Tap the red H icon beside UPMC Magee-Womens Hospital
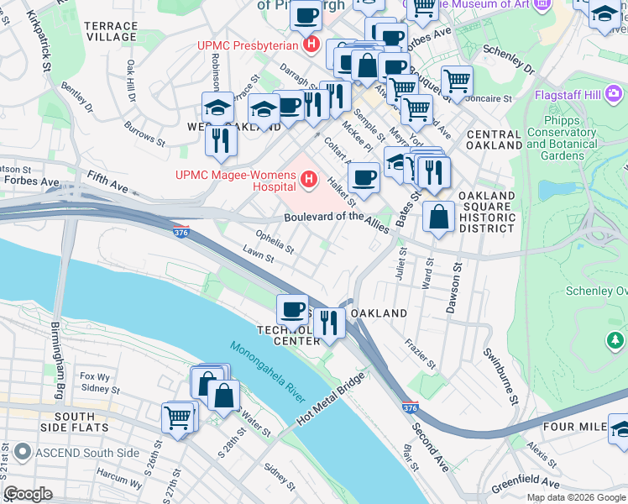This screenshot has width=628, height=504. (310, 178)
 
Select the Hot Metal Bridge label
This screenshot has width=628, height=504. (328, 404)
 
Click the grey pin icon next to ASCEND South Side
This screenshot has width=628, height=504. (18, 454)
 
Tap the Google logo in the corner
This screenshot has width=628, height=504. (28, 493)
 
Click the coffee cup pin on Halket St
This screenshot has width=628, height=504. (364, 177)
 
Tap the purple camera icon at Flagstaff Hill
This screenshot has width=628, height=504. (614, 92)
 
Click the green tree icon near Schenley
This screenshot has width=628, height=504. (615, 340)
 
